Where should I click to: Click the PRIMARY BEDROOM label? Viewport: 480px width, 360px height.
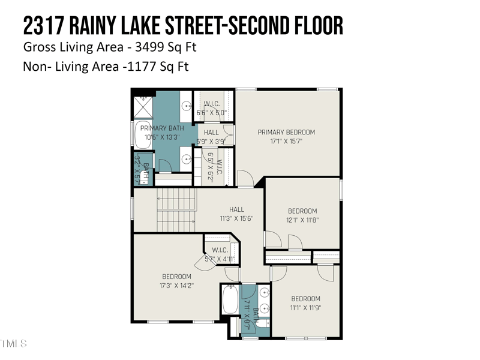tap(286, 132)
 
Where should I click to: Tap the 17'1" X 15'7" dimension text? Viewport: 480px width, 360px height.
tap(286, 142)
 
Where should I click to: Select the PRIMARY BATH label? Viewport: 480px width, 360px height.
tap(162, 128)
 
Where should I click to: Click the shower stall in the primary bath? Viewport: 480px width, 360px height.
tap(142, 107)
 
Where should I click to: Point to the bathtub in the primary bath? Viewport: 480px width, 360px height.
tap(143, 137)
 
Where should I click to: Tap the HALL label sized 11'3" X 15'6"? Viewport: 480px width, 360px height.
tap(236, 209)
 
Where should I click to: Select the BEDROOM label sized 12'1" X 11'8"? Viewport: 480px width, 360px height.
tap(302, 211)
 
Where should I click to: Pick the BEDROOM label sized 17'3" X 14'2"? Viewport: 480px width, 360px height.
tap(176, 277)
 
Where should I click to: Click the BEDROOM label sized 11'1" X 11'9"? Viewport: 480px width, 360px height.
tap(305, 299)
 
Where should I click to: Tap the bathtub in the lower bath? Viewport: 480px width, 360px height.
tap(230, 299)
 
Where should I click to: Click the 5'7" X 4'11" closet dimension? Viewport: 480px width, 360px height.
tap(220, 259)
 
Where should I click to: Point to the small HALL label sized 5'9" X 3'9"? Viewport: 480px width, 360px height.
tap(211, 133)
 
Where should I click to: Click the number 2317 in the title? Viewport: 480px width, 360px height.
tap(44, 26)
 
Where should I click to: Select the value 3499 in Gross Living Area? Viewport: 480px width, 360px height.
tap(148, 46)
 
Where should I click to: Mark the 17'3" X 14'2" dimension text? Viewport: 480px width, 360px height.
tap(176, 286)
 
